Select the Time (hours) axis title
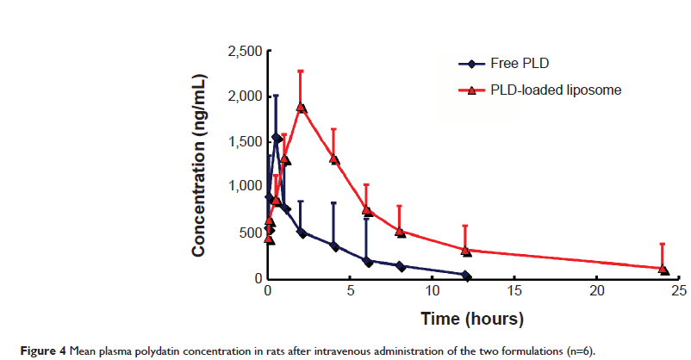pos(472,320)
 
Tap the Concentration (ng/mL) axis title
pos(199,164)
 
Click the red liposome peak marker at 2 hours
pos(301,107)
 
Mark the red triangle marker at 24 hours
pos(663,269)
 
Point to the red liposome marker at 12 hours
pos(465,251)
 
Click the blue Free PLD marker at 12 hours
pos(465,276)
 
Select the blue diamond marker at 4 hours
pos(333,246)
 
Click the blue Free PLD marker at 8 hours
pos(400,266)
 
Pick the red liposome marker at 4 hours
pos(333,159)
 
